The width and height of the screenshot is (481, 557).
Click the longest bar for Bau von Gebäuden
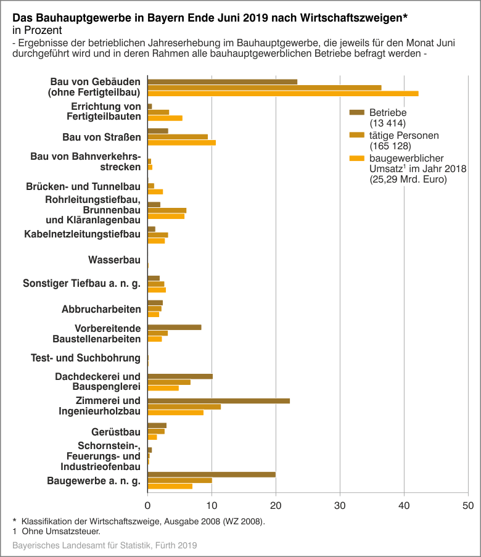[283, 94]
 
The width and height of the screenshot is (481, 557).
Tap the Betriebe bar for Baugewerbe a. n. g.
[212, 474]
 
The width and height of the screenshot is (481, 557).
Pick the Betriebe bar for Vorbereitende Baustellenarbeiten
[175, 327]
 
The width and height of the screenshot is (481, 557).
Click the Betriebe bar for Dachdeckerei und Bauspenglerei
[180, 376]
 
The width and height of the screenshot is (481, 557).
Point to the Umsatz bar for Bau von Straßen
[182, 142]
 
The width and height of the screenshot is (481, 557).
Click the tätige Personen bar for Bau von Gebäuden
[265, 88]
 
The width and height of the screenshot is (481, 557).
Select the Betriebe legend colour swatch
[358, 112]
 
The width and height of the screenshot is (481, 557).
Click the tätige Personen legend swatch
[358, 134]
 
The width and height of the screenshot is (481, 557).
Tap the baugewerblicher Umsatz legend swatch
[358, 157]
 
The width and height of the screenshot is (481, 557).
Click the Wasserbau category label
[115, 260]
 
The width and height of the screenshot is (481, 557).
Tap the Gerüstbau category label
[116, 431]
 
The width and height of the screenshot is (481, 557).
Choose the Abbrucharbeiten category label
[101, 309]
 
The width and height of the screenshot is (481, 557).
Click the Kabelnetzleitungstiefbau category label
[83, 234]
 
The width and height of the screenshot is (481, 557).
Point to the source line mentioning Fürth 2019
[104, 546]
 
